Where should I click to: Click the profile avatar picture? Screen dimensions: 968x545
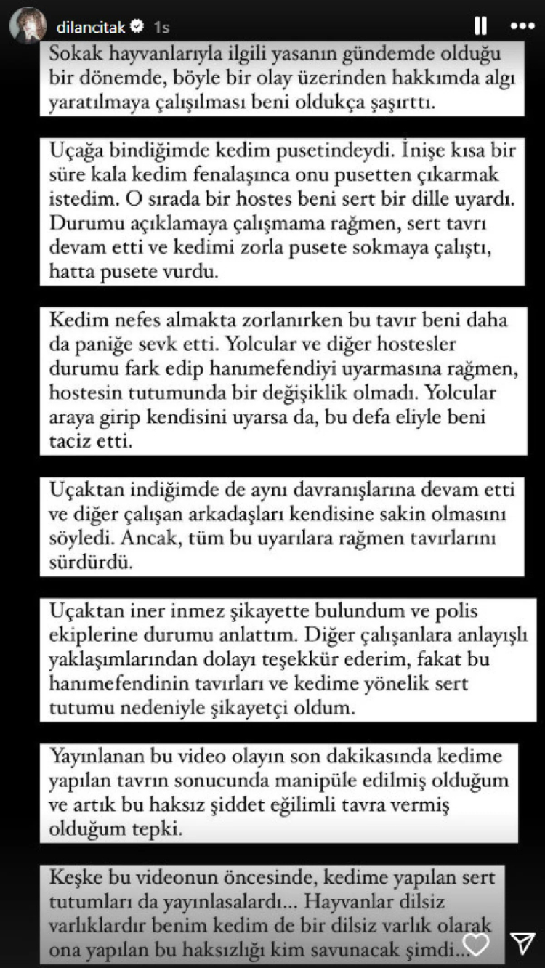click(x=28, y=26)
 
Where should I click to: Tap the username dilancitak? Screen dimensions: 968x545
click(x=91, y=28)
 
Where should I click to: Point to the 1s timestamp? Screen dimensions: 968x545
click(x=161, y=28)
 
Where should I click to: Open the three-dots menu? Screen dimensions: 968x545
click(x=522, y=26)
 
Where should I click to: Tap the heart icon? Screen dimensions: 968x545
click(x=476, y=943)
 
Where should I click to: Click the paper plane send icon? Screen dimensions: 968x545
click(x=522, y=943)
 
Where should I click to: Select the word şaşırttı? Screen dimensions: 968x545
click(x=401, y=102)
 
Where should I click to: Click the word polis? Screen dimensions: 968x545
click(x=455, y=612)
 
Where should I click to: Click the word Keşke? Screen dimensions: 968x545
click(x=76, y=879)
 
